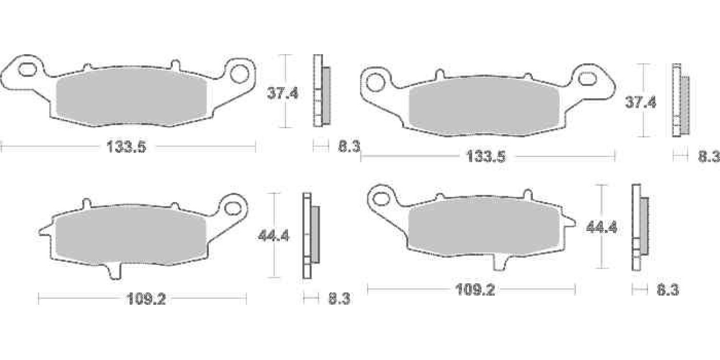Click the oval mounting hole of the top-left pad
point(27,70)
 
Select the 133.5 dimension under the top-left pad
point(126,147)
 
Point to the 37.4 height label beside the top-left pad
point(283,94)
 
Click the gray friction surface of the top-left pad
point(132,98)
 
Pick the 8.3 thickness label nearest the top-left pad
point(349,146)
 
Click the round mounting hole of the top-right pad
point(375,83)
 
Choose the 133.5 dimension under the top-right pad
point(486,157)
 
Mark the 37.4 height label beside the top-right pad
point(640,103)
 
